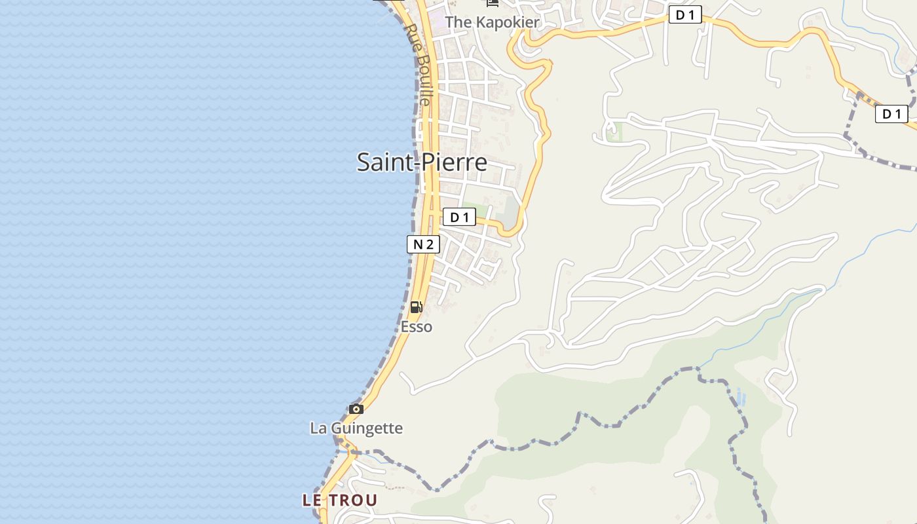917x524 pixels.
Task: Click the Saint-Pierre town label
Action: click(422, 162)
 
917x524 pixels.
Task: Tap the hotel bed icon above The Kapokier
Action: click(493, 3)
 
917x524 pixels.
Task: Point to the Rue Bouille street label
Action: click(418, 64)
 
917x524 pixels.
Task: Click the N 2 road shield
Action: click(423, 245)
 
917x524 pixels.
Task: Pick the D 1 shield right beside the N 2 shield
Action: click(459, 217)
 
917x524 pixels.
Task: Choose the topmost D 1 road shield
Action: click(685, 15)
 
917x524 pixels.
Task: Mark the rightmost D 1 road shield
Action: click(891, 114)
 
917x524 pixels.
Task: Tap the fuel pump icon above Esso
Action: click(416, 307)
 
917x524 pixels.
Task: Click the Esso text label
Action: click(417, 326)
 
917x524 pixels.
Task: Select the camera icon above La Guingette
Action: click(356, 409)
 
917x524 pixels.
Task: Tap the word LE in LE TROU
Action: click(312, 500)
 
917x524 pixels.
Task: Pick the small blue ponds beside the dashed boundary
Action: click(740, 396)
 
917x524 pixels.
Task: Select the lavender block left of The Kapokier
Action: click(436, 14)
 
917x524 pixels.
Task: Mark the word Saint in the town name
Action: click(384, 162)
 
